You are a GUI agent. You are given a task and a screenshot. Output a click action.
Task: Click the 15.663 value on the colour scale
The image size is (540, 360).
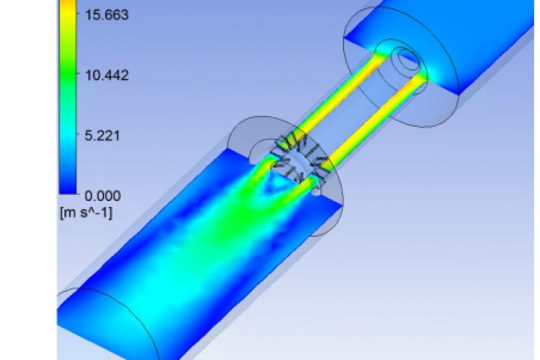(106, 15)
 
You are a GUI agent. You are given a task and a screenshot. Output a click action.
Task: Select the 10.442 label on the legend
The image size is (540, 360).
(106, 75)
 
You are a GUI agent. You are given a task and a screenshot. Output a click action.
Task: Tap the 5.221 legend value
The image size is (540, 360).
(102, 136)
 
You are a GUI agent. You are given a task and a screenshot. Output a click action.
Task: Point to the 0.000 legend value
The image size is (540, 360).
(102, 196)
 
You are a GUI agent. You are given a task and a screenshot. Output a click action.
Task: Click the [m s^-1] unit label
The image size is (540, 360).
(86, 213)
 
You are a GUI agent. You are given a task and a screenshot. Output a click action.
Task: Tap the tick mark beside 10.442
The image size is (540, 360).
(79, 74)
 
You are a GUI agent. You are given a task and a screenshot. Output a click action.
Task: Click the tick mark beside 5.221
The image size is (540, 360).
(79, 134)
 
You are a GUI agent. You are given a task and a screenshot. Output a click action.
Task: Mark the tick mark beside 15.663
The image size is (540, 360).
(79, 13)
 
